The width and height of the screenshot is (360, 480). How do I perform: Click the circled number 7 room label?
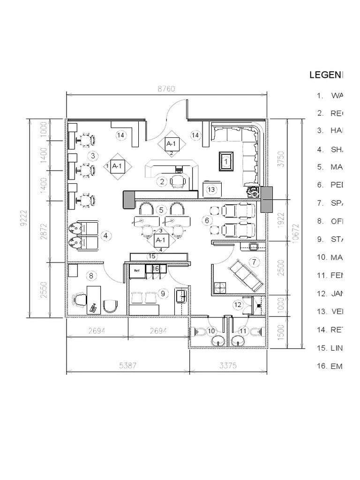coord(254,262)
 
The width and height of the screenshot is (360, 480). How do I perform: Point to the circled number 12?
coord(238,305)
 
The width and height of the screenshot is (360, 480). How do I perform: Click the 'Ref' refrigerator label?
coord(137,270)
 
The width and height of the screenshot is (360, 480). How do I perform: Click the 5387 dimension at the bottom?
coord(127,366)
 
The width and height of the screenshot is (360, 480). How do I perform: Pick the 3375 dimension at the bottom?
coord(228,366)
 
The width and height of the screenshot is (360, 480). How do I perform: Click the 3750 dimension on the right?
coord(280,158)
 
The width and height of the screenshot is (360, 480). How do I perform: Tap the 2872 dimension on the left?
coord(44,231)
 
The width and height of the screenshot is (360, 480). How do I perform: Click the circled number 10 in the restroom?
coord(211,331)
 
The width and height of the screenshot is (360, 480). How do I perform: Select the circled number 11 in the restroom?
coord(243,331)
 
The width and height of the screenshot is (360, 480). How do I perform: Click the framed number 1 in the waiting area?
coord(226,161)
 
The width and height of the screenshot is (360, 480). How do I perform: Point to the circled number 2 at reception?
coord(162,181)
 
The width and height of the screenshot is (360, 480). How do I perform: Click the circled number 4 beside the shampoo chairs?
coord(106,235)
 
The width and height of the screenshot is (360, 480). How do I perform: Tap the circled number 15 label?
coord(152,256)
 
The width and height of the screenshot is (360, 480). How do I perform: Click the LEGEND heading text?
coord(326,75)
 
